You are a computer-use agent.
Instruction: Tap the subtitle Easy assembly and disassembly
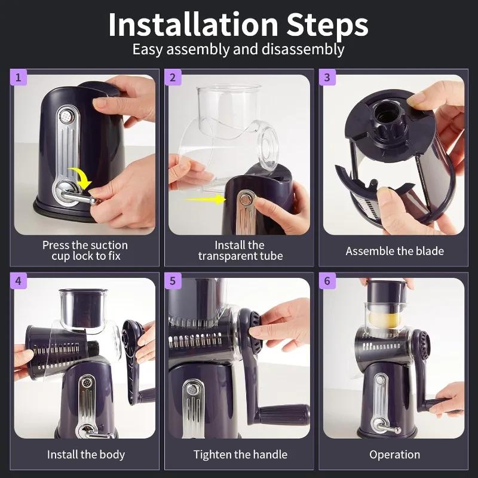(238, 49)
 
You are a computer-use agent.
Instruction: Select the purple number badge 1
(18, 78)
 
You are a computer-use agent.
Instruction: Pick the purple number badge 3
(327, 78)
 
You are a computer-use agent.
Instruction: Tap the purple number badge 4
(18, 281)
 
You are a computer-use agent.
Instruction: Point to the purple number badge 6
(327, 281)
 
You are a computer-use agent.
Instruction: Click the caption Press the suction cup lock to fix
(85, 250)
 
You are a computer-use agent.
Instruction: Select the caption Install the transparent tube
(240, 250)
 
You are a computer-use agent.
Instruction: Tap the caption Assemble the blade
(394, 251)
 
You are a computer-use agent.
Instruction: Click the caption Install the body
(86, 455)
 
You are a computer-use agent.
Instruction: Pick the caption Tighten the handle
(240, 455)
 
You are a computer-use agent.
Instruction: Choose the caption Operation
(394, 455)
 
